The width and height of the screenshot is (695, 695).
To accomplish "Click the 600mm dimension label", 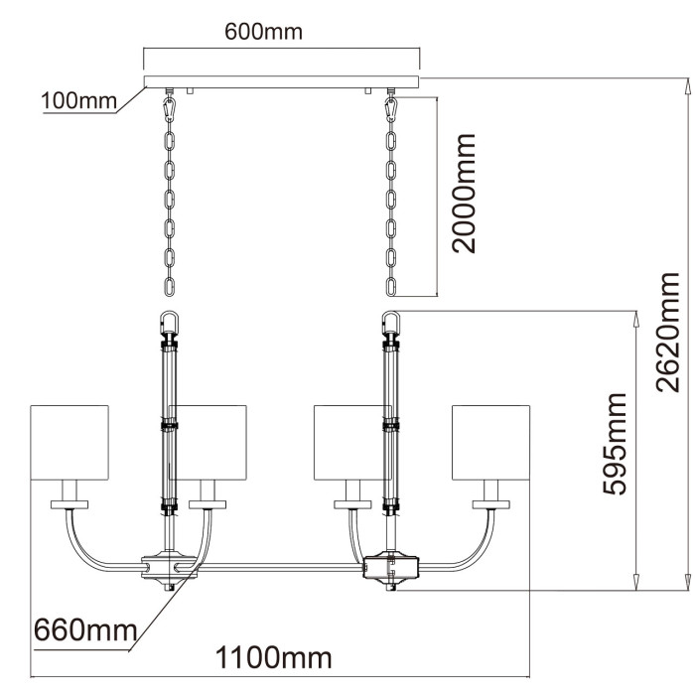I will [x=262, y=32].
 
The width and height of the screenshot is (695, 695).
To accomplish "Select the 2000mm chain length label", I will [x=463, y=194].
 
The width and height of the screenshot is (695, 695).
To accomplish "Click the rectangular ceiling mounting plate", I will [x=282, y=81].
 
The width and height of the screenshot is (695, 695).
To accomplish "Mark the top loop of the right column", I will [x=390, y=324].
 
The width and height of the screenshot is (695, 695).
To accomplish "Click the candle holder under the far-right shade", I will [x=488, y=493].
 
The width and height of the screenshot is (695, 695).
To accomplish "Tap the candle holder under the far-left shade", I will [x=70, y=493].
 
